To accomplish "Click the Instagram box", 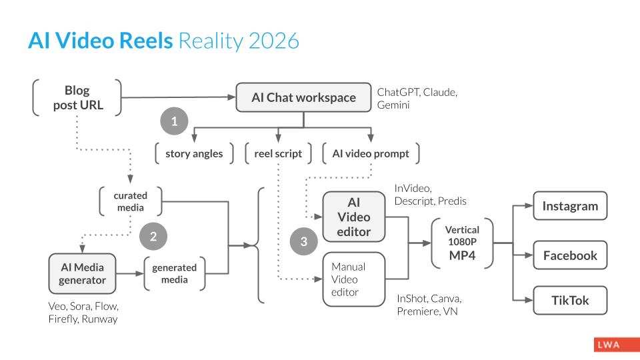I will tap(570, 206).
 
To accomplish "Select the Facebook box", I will tap(570, 255).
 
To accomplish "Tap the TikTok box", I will tap(570, 301).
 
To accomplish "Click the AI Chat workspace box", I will tap(303, 97).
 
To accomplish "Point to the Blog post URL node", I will tap(77, 97).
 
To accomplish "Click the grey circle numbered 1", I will tap(175, 121).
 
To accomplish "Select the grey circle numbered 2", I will tap(153, 236).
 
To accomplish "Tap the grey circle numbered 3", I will tap(304, 241).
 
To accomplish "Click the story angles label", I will tap(194, 153).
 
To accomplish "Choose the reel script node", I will tap(278, 153).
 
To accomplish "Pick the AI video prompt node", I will tap(371, 153).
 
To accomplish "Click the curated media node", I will tap(131, 201).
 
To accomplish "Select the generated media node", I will tap(175, 273).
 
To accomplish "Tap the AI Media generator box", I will tap(82, 273).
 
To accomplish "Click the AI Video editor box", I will tap(354, 217).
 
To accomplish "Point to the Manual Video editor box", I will tap(354, 279).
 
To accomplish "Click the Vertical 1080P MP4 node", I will tap(462, 243).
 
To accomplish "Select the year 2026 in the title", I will tap(274, 41).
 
